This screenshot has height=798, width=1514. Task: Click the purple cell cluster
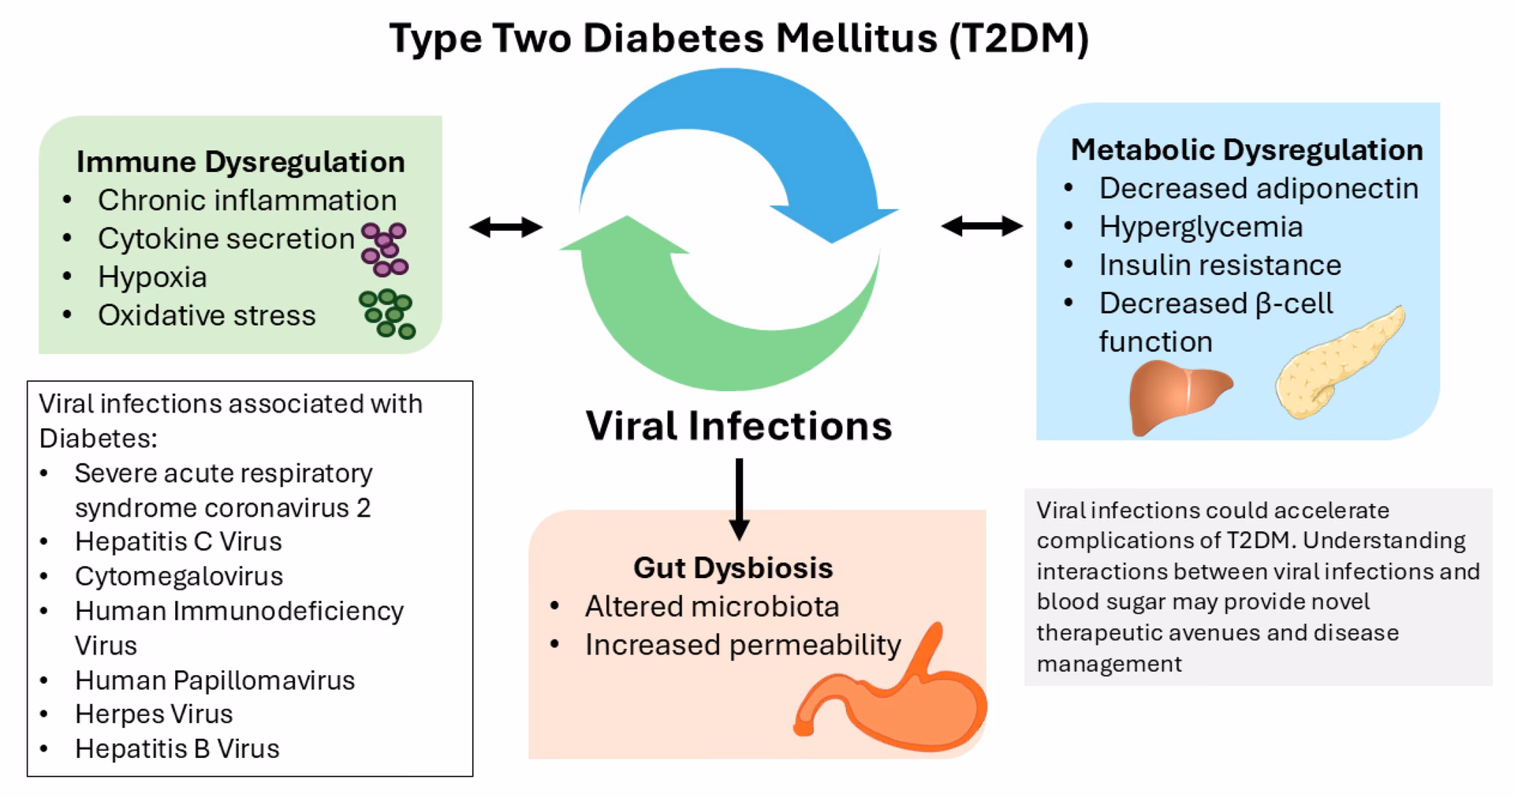pyautogui.click(x=384, y=249)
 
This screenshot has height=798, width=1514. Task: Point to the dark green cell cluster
pyautogui.click(x=387, y=313)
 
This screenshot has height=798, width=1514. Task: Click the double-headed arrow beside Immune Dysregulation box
pyautogui.click(x=505, y=228)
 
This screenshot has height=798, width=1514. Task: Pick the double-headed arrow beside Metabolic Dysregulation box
pyautogui.click(x=981, y=227)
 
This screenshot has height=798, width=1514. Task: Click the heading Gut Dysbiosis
pyautogui.click(x=733, y=568)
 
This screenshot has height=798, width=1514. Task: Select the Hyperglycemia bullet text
pyautogui.click(x=1200, y=227)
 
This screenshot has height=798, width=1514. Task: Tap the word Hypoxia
pyautogui.click(x=152, y=277)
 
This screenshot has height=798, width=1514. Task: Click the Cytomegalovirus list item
pyautogui.click(x=178, y=576)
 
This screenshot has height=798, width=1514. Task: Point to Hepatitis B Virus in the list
pyautogui.click(x=177, y=748)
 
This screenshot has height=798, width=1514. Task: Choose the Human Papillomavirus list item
pyautogui.click(x=214, y=680)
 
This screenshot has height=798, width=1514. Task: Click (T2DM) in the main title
pyautogui.click(x=1019, y=38)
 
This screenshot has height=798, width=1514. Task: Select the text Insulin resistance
pyautogui.click(x=1219, y=265)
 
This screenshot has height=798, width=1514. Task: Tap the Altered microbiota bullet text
pyautogui.click(x=711, y=606)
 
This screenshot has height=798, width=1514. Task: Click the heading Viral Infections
pyautogui.click(x=738, y=426)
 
